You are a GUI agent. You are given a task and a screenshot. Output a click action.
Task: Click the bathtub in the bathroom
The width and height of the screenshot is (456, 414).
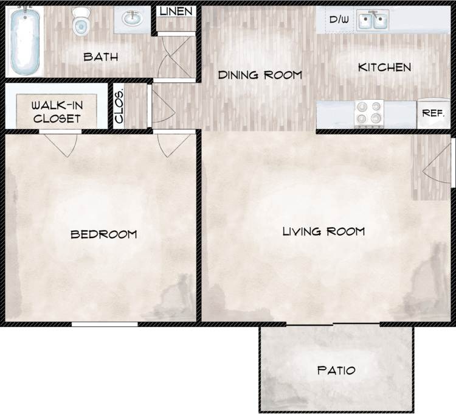[24, 40]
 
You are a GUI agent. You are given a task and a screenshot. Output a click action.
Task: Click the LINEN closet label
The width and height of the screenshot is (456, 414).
[176, 12]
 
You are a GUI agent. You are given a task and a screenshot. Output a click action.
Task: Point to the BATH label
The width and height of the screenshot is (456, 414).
[100, 57]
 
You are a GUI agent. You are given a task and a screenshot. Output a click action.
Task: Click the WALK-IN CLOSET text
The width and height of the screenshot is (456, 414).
[57, 111]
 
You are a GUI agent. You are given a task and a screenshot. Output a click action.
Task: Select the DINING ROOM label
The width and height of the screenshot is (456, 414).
[260, 75]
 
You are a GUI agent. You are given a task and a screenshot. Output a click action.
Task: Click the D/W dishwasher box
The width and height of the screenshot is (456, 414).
[339, 20]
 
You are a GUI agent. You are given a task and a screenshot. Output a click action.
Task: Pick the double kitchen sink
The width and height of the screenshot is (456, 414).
[373, 21]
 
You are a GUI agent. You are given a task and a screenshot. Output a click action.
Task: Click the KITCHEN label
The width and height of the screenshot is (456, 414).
[384, 67]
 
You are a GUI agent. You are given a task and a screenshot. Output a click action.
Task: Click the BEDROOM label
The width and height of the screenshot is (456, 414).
[103, 234]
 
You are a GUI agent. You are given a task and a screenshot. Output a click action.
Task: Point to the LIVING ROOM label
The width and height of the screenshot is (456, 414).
[323, 231]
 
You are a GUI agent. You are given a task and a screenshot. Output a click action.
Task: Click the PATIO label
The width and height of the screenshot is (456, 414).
[336, 370]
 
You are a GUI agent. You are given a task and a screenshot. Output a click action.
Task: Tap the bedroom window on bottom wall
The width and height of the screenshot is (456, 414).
[105, 324]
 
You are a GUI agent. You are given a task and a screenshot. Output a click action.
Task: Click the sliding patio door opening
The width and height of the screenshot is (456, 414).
[333, 324]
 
